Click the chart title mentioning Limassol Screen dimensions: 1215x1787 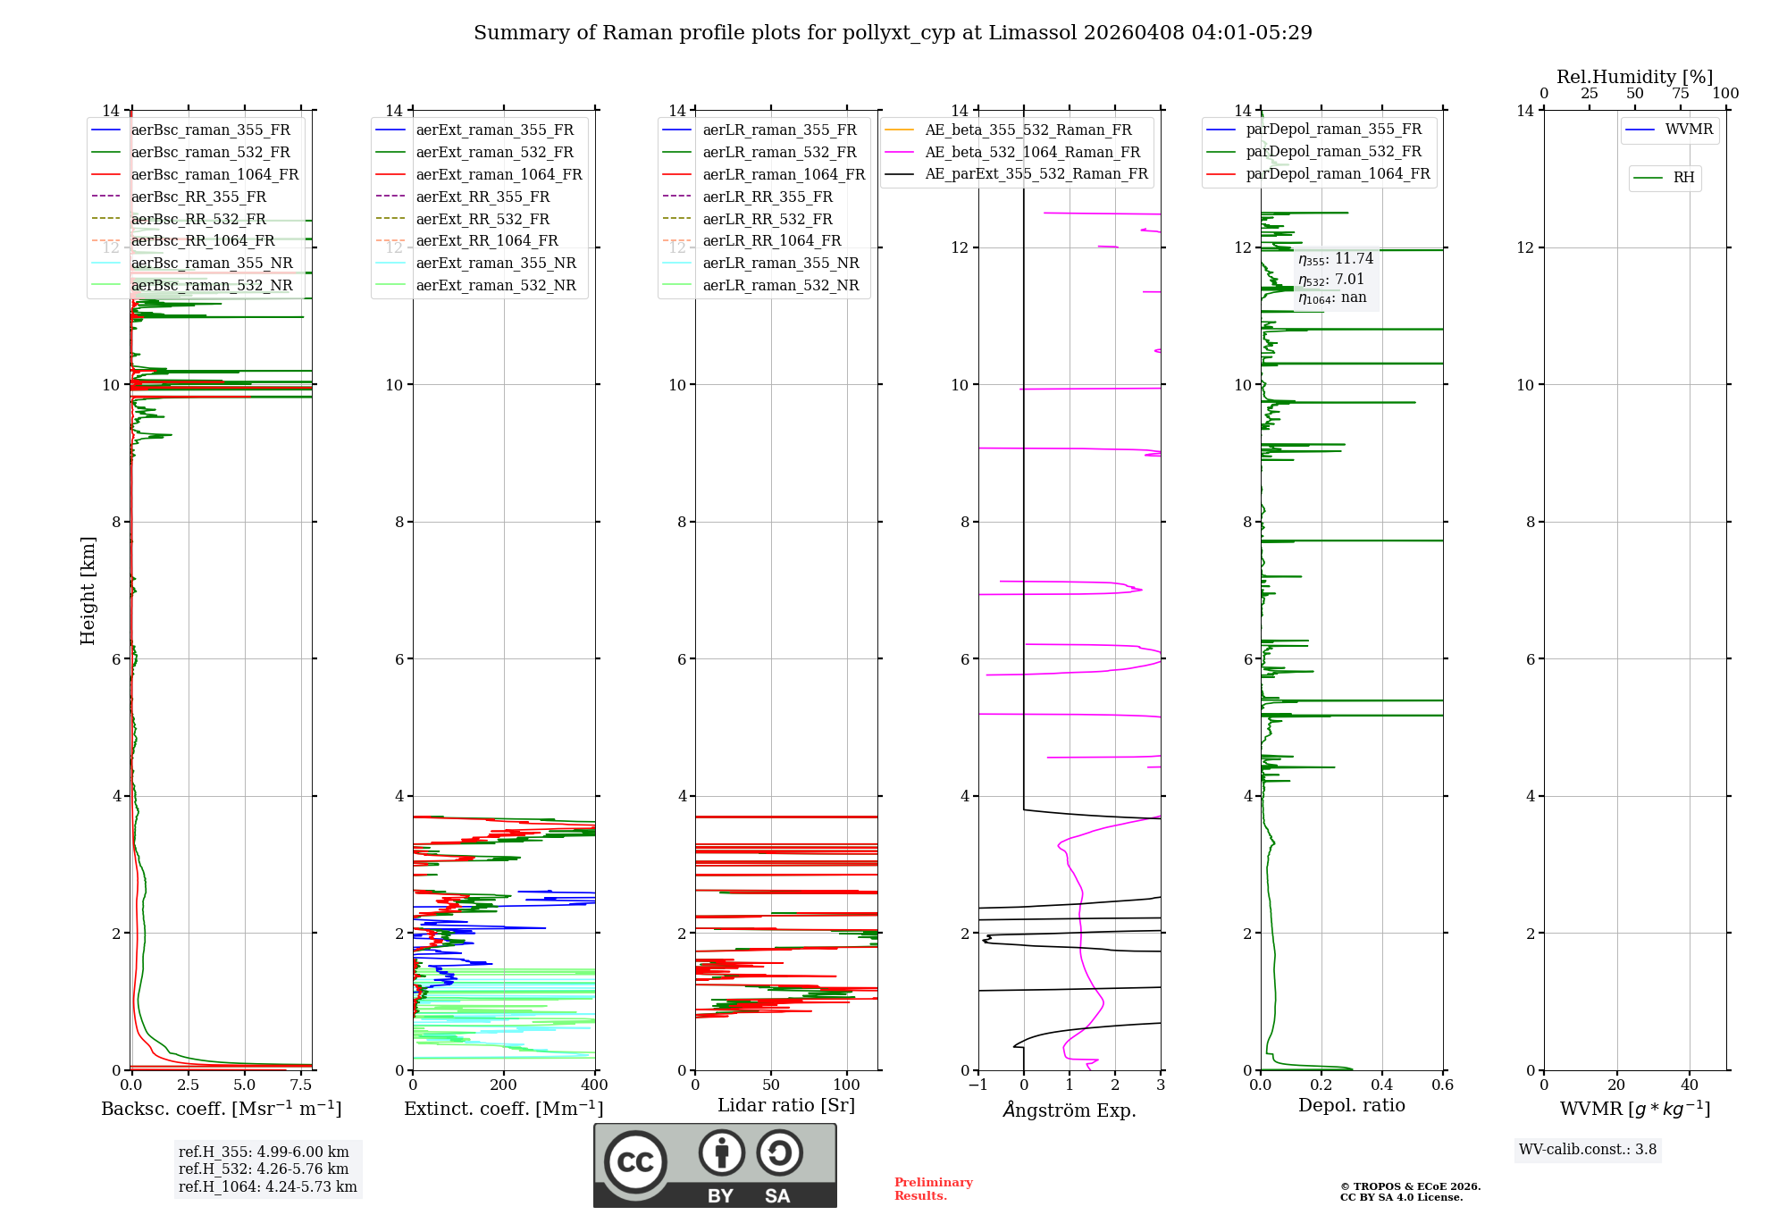[893, 33]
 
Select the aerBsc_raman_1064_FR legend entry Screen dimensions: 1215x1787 [214, 175]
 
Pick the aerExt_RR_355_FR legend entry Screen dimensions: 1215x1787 [482, 197]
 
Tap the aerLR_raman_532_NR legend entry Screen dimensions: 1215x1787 [780, 286]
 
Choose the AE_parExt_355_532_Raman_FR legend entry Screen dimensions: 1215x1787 [1036, 174]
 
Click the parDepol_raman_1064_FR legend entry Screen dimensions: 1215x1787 [1338, 174]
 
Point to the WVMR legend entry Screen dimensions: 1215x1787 [1689, 130]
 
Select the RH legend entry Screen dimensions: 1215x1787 [1683, 178]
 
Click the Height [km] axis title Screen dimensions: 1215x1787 [88, 591]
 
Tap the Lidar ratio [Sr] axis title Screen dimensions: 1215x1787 [786, 1106]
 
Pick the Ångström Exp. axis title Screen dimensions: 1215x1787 [1070, 1110]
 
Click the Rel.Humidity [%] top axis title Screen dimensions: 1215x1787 [1634, 77]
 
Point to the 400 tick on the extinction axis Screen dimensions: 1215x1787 [594, 1085]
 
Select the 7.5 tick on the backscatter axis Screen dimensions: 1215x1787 [301, 1085]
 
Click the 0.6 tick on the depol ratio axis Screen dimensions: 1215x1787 [1442, 1085]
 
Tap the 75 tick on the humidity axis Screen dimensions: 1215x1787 [1680, 94]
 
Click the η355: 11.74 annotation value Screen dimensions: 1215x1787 [1336, 259]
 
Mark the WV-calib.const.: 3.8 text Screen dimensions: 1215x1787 [1587, 1150]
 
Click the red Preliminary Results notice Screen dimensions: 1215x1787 [933, 1189]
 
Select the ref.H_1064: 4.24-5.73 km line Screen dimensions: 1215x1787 [267, 1187]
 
